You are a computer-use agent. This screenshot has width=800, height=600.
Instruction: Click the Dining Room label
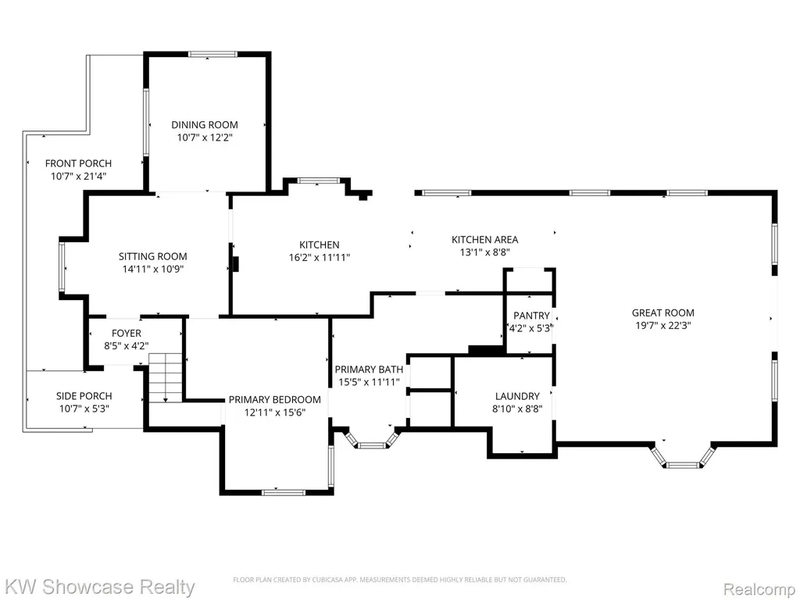pyautogui.click(x=205, y=124)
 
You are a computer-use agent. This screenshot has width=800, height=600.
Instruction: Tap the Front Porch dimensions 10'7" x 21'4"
pyautogui.click(x=79, y=177)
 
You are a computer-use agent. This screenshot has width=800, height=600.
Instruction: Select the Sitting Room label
pyautogui.click(x=153, y=256)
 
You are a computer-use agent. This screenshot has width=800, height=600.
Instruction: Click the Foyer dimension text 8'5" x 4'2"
pyautogui.click(x=127, y=346)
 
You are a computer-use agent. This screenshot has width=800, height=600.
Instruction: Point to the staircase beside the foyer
pyautogui.click(x=166, y=377)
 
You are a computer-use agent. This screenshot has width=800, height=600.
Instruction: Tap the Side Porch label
pyautogui.click(x=84, y=396)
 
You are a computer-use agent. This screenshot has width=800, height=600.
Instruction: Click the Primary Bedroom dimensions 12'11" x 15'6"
pyautogui.click(x=275, y=412)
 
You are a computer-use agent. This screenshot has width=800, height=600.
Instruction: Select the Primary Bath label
pyautogui.click(x=369, y=370)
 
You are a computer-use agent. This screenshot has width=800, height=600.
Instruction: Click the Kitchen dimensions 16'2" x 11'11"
pyautogui.click(x=320, y=258)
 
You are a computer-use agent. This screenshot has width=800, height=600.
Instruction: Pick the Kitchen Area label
pyautogui.click(x=484, y=239)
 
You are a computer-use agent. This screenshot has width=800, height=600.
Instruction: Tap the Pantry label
pyautogui.click(x=531, y=316)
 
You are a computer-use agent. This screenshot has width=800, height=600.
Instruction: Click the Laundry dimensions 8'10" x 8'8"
pyautogui.click(x=517, y=409)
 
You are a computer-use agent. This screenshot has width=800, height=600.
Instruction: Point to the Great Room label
pyautogui.click(x=663, y=312)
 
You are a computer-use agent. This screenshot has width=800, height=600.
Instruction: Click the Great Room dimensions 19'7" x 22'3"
pyautogui.click(x=663, y=326)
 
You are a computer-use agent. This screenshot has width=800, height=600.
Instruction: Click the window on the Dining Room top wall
pyautogui.click(x=212, y=54)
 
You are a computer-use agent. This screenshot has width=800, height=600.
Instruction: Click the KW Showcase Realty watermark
pyautogui.click(x=98, y=587)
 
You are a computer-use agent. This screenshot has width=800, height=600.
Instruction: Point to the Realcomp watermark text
pyautogui.click(x=759, y=589)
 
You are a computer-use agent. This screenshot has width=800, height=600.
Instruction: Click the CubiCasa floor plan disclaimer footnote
pyautogui.click(x=400, y=580)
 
